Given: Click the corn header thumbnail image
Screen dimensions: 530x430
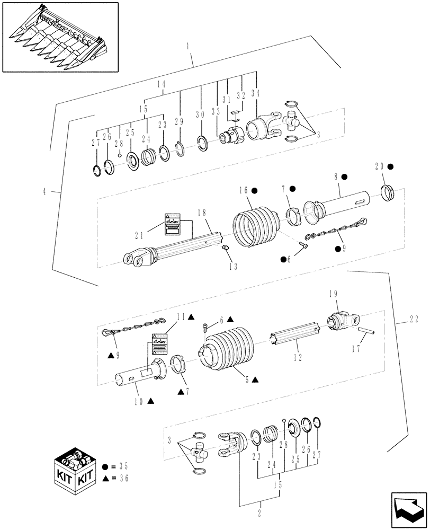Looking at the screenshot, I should [x=60, y=37].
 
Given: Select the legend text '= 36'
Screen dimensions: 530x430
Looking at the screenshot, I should [x=121, y=478].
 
